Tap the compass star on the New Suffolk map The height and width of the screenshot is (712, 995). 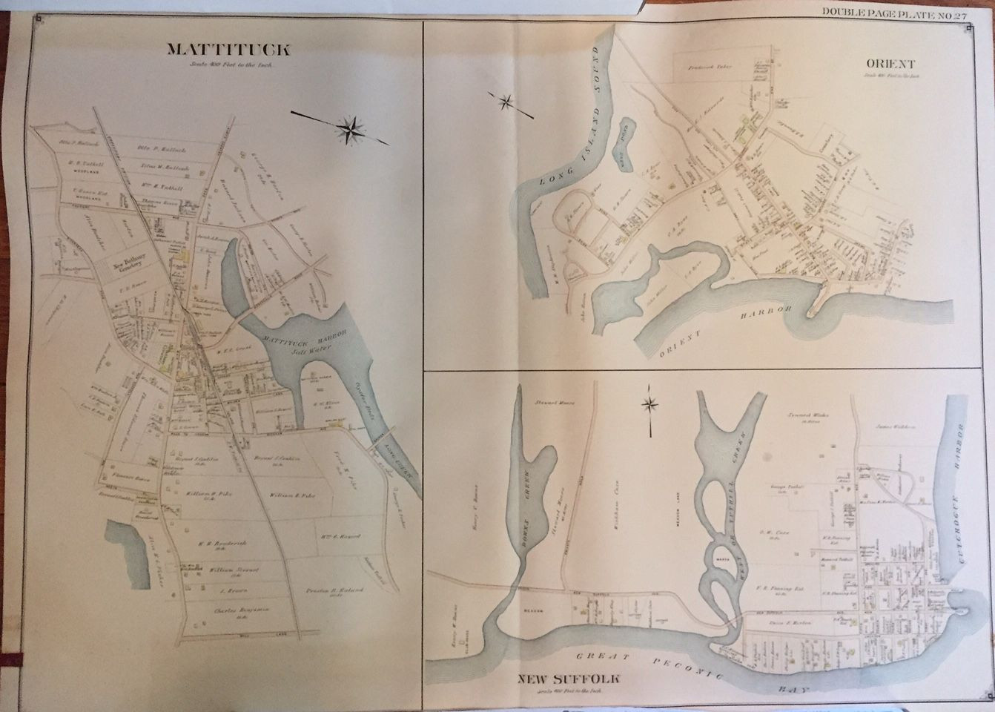point(650,404)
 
